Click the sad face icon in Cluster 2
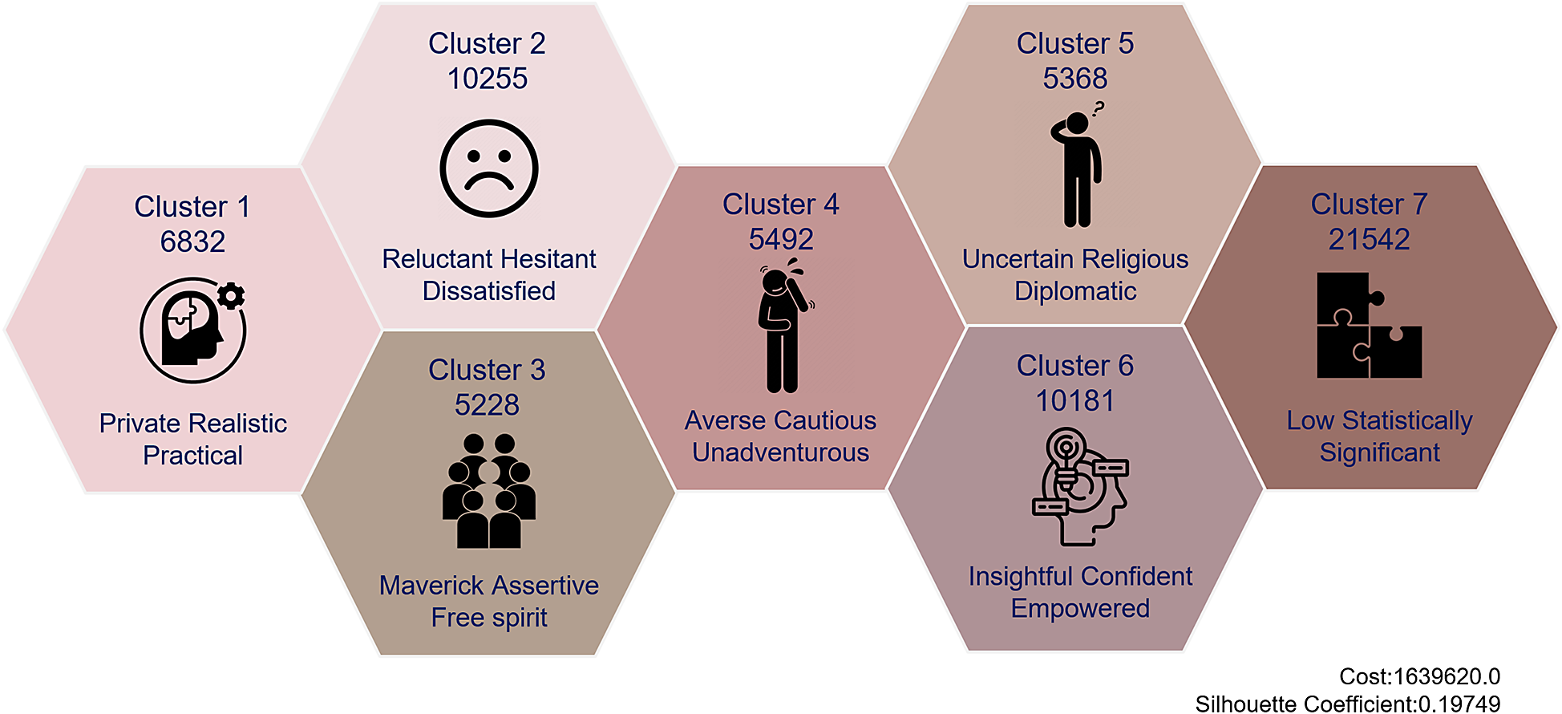click(x=488, y=168)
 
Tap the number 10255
click(x=488, y=79)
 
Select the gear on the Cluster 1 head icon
click(x=231, y=296)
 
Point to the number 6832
click(x=192, y=241)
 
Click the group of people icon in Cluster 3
click(x=488, y=491)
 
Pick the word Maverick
click(x=431, y=586)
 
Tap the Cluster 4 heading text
click(x=780, y=205)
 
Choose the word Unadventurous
click(x=780, y=452)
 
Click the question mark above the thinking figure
click(x=1099, y=108)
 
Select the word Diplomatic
click(x=1075, y=290)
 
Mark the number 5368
click(x=1075, y=79)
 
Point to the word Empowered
click(x=1080, y=608)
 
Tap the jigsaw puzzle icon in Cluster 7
click(x=1369, y=325)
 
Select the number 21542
click(x=1369, y=239)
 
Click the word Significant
click(x=1379, y=452)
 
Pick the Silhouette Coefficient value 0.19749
click(x=1459, y=704)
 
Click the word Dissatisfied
click(x=488, y=290)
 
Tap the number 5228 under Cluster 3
click(x=487, y=405)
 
